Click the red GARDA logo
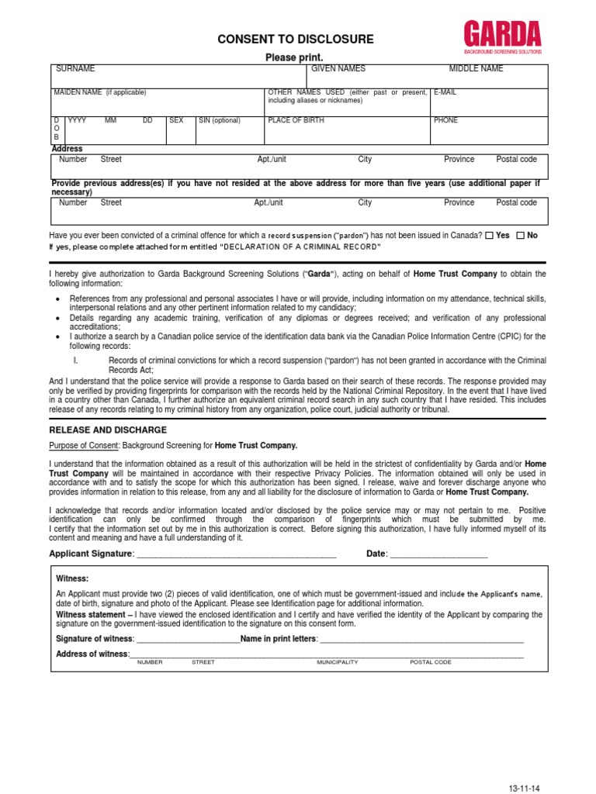click(x=502, y=35)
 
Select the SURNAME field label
click(x=75, y=69)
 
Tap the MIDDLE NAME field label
click(x=476, y=69)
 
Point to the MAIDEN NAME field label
click(x=99, y=92)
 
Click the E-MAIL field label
click(x=445, y=92)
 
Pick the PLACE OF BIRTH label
click(x=296, y=121)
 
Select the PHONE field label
click(x=446, y=121)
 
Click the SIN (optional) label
click(x=220, y=121)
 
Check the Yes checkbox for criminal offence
click(x=489, y=235)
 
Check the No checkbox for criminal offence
click(x=520, y=235)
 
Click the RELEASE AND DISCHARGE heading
click(x=108, y=430)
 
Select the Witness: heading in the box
click(x=72, y=578)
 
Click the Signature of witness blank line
click(x=188, y=640)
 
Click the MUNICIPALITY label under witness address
click(x=337, y=663)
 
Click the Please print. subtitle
click(x=294, y=57)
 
